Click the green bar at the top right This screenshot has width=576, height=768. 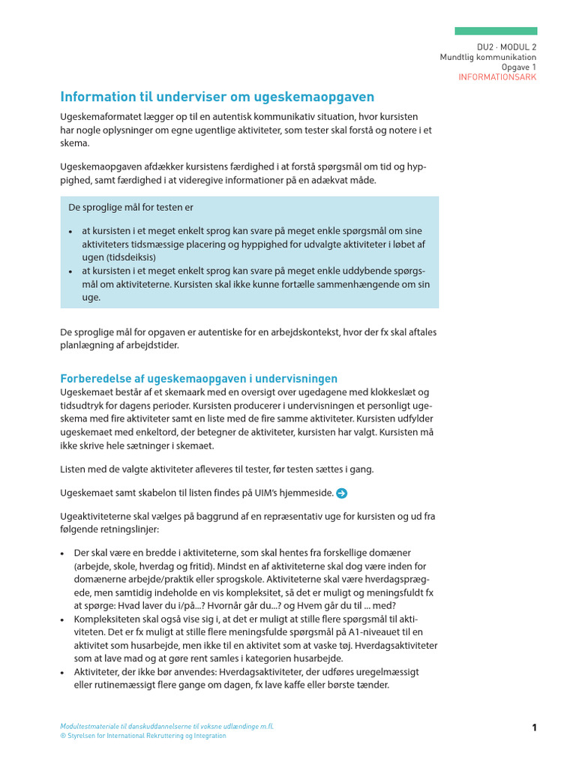[x=496, y=31]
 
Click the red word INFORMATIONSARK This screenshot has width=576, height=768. [x=497, y=77]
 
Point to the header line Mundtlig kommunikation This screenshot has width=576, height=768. [x=487, y=57]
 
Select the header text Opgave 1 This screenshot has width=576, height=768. [x=519, y=67]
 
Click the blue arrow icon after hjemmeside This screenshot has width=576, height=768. [x=342, y=493]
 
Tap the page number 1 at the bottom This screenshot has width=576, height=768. [x=535, y=727]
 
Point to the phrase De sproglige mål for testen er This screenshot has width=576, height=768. [x=130, y=207]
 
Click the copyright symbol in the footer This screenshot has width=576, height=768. [x=63, y=736]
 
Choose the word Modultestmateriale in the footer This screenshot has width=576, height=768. [x=87, y=727]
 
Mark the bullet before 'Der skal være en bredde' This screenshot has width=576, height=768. [x=64, y=553]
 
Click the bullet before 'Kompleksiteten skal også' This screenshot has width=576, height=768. [x=64, y=619]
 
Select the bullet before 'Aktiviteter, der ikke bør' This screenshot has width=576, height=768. [x=64, y=673]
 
